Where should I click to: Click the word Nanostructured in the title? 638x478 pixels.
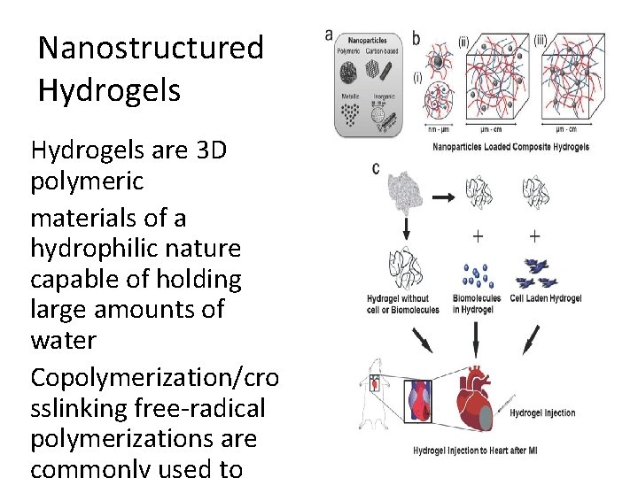tap(151, 48)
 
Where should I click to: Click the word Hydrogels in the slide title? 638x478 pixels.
tap(109, 89)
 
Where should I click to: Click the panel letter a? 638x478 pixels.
tap(330, 35)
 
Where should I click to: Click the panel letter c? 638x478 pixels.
tap(376, 168)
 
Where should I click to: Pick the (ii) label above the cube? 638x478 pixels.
tap(464, 41)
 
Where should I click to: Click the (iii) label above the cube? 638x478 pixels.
tap(541, 40)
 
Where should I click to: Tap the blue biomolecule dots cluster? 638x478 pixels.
tap(477, 275)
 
